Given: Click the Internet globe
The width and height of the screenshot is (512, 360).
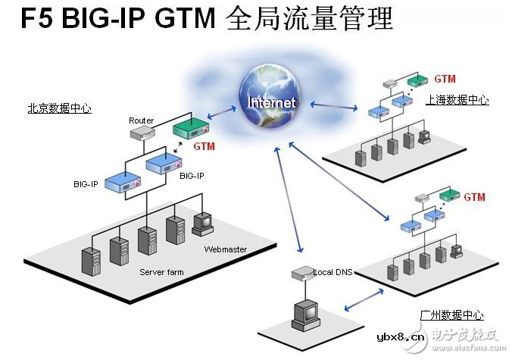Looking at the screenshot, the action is (x=270, y=95).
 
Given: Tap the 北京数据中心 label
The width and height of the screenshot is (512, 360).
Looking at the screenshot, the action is (x=59, y=108).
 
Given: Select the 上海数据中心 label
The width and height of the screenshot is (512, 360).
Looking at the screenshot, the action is (x=457, y=99).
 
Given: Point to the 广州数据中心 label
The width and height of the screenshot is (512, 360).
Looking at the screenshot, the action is (x=451, y=315).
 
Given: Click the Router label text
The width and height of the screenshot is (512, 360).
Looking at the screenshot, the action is (x=141, y=121).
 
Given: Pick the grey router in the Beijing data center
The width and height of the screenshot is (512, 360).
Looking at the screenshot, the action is (x=142, y=133).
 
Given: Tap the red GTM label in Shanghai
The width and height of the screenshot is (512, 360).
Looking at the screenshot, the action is (x=445, y=79).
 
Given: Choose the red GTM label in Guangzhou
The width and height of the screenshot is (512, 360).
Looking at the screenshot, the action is (x=474, y=197).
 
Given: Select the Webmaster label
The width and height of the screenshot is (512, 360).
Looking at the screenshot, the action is (x=225, y=249).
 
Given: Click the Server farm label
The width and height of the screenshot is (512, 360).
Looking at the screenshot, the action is (x=161, y=272).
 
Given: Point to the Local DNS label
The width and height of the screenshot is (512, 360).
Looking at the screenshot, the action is (x=332, y=272).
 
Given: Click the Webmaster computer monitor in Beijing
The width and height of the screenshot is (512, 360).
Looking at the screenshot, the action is (x=203, y=224).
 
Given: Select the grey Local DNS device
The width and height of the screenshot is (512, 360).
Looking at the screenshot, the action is (x=303, y=273).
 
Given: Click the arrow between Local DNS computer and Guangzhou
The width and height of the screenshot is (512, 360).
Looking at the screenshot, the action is (x=364, y=299).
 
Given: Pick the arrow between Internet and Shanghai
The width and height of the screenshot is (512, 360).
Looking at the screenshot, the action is (x=334, y=105).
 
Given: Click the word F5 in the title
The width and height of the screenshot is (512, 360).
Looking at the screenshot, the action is (x=36, y=18).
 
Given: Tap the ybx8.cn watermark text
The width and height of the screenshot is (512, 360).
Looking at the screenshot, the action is (x=401, y=337).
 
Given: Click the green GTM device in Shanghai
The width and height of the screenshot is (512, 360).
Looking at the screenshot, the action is (x=417, y=80).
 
